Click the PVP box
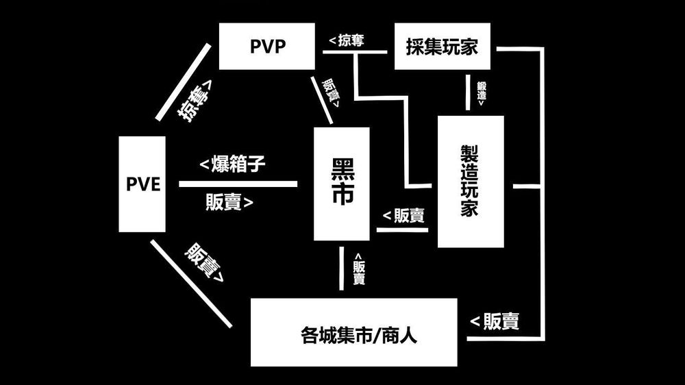tap(266, 46)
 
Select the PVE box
tap(142, 184)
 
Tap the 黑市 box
tap(341, 184)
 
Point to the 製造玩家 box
tap(470, 182)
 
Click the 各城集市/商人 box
tap(353, 332)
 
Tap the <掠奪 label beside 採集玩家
tap(347, 41)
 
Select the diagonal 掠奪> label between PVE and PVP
tap(196, 99)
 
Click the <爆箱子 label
tap(232, 164)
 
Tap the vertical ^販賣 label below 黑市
tap(359, 269)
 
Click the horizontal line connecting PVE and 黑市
tap(238, 184)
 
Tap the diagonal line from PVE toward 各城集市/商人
tap(191, 283)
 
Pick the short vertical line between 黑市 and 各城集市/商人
tap(341, 269)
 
